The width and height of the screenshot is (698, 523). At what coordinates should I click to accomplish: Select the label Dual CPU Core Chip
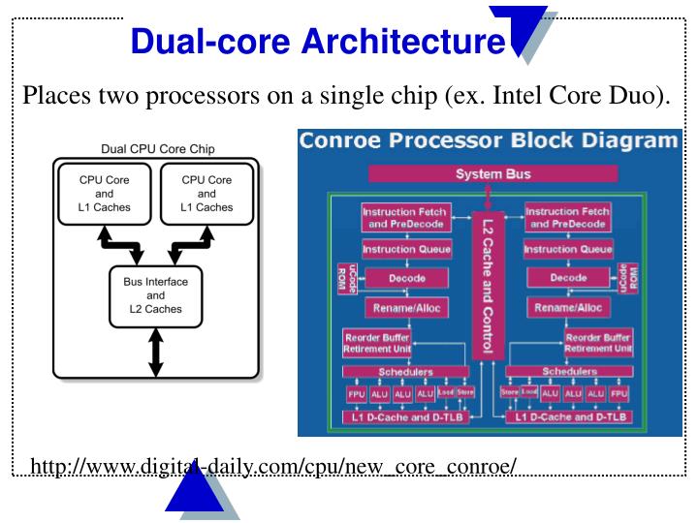point(158,149)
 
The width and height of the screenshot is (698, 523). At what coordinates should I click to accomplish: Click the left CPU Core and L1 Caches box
point(105,194)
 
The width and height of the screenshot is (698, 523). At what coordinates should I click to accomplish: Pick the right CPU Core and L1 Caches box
point(206,194)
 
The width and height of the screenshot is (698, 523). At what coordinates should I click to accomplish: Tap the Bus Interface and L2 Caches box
point(155,295)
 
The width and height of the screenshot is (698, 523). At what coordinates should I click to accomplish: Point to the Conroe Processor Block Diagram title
point(489,140)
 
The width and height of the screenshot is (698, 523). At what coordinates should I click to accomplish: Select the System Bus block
point(493,174)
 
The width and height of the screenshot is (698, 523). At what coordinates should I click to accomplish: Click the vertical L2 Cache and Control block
point(489,282)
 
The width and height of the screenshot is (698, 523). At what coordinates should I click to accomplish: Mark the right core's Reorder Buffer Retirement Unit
point(598,343)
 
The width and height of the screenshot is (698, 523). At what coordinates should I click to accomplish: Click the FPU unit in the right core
point(619,394)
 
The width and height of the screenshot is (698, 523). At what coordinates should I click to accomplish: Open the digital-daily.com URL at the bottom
point(274,468)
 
